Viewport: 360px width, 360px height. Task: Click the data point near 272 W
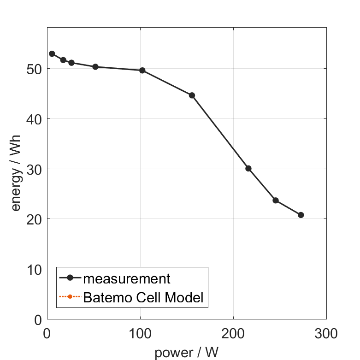tap(301, 215)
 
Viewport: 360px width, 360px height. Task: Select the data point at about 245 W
tap(276, 201)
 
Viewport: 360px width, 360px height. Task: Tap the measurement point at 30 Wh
tap(248, 168)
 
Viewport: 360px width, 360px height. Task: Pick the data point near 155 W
tap(192, 95)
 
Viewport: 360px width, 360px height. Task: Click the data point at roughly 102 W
tap(142, 71)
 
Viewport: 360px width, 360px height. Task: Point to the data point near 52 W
tap(95, 67)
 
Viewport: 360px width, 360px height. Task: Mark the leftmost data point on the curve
tap(52, 54)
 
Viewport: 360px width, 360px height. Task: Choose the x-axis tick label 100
tap(140, 333)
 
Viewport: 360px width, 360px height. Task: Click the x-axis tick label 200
tap(233, 333)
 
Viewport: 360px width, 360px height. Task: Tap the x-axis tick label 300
tap(326, 333)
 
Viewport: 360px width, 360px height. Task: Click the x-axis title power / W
tap(186, 353)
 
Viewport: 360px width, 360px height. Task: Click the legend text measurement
tap(127, 279)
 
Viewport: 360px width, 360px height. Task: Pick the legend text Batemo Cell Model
tap(143, 297)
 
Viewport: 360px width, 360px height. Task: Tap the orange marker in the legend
tap(70, 296)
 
